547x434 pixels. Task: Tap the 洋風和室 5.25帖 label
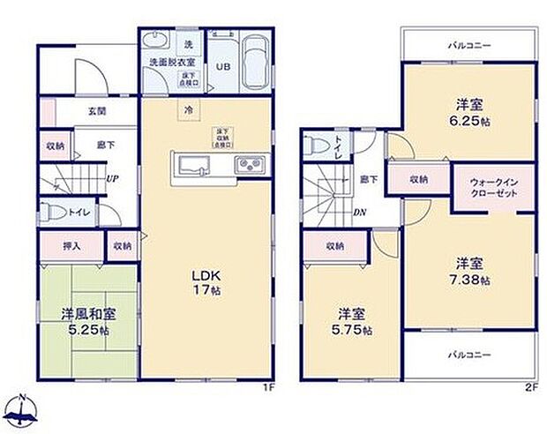86,321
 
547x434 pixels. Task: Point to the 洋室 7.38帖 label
468,270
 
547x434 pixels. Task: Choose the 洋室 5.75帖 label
352,321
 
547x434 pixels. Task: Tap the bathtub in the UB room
255,64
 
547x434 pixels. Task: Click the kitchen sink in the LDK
192,165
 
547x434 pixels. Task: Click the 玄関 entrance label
97,111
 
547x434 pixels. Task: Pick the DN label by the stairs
361,213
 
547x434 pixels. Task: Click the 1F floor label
266,386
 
